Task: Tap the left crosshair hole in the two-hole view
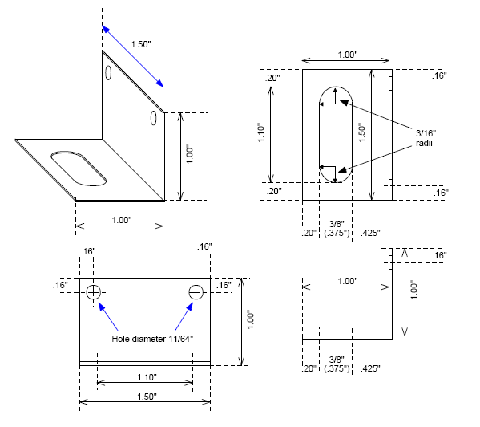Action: coord(95,292)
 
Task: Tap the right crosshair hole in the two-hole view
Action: coord(195,292)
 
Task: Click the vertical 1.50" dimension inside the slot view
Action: coord(361,132)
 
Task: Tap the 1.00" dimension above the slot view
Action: coord(346,55)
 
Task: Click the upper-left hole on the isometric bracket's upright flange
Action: coord(108,73)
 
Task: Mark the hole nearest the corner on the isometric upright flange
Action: coord(151,119)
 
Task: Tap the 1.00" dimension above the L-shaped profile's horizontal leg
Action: coord(346,281)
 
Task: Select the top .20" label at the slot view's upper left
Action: coord(273,78)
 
